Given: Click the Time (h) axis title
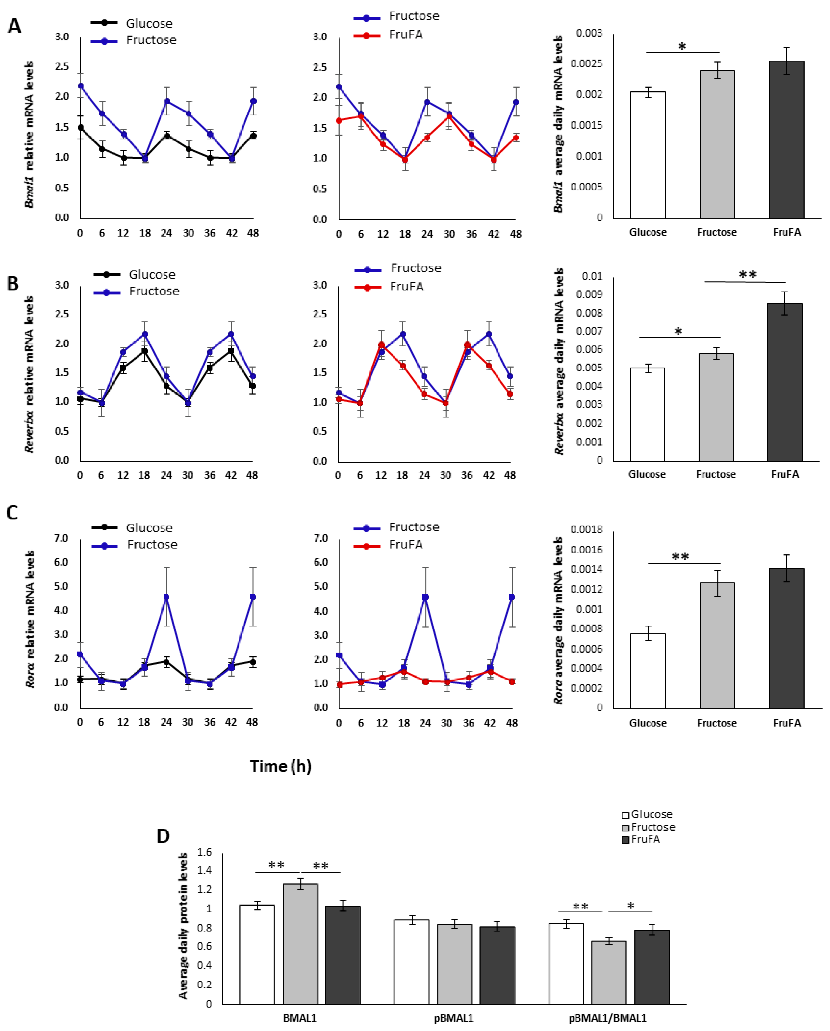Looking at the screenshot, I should click(280, 766).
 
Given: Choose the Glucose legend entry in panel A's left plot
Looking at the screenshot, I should click(149, 23).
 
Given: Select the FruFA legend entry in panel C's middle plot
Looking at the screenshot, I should click(405, 545).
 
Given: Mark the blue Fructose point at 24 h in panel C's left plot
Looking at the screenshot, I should click(166, 597).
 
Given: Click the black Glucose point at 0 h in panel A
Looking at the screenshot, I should click(80, 128).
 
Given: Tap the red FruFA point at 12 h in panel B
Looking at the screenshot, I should click(381, 345).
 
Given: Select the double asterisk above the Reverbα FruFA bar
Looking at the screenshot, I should click(747, 275).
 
